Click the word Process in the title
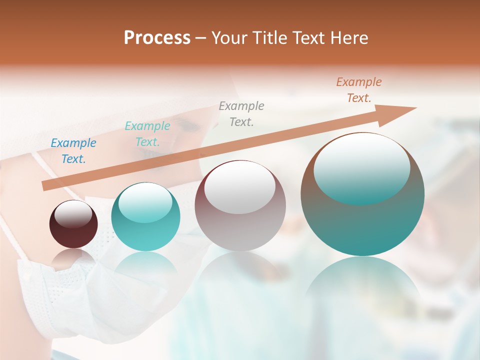(x=157, y=37)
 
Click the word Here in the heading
(x=348, y=38)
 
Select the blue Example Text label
(x=73, y=151)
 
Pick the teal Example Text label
(x=147, y=134)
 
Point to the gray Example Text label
(x=241, y=113)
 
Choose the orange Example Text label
(x=359, y=90)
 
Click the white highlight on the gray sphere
(x=240, y=191)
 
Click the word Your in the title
(x=228, y=38)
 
